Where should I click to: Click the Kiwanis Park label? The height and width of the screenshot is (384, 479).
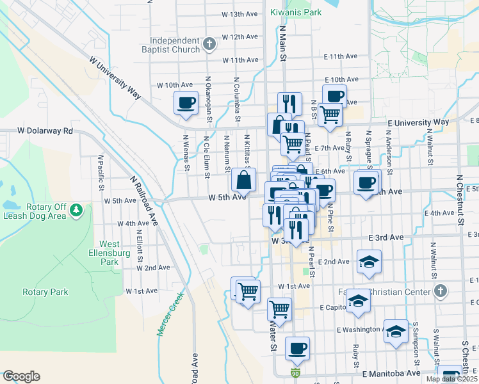[295, 12]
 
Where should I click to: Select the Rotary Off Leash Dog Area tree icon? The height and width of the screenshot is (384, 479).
[76, 211]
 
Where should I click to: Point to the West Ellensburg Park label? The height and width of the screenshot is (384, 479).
[109, 253]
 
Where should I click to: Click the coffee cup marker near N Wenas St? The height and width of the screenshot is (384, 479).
[186, 102]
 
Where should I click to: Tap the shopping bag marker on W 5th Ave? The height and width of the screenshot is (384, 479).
[244, 180]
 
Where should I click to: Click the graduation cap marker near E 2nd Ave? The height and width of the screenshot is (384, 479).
[369, 262]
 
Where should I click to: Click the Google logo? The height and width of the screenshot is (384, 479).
[21, 376]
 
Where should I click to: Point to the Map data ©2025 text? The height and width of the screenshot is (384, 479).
[451, 379]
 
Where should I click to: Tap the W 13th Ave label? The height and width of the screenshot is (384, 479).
[239, 14]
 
